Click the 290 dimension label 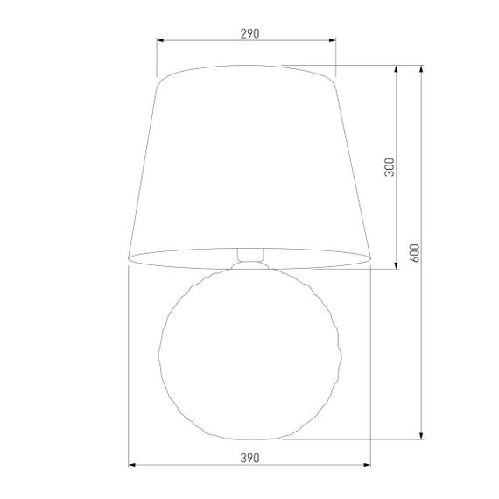tap(249, 33)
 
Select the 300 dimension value tap(390, 166)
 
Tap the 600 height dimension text tap(415, 252)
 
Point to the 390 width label tap(249, 457)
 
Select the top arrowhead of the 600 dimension tap(422, 68)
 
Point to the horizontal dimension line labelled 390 tap(193, 465)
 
